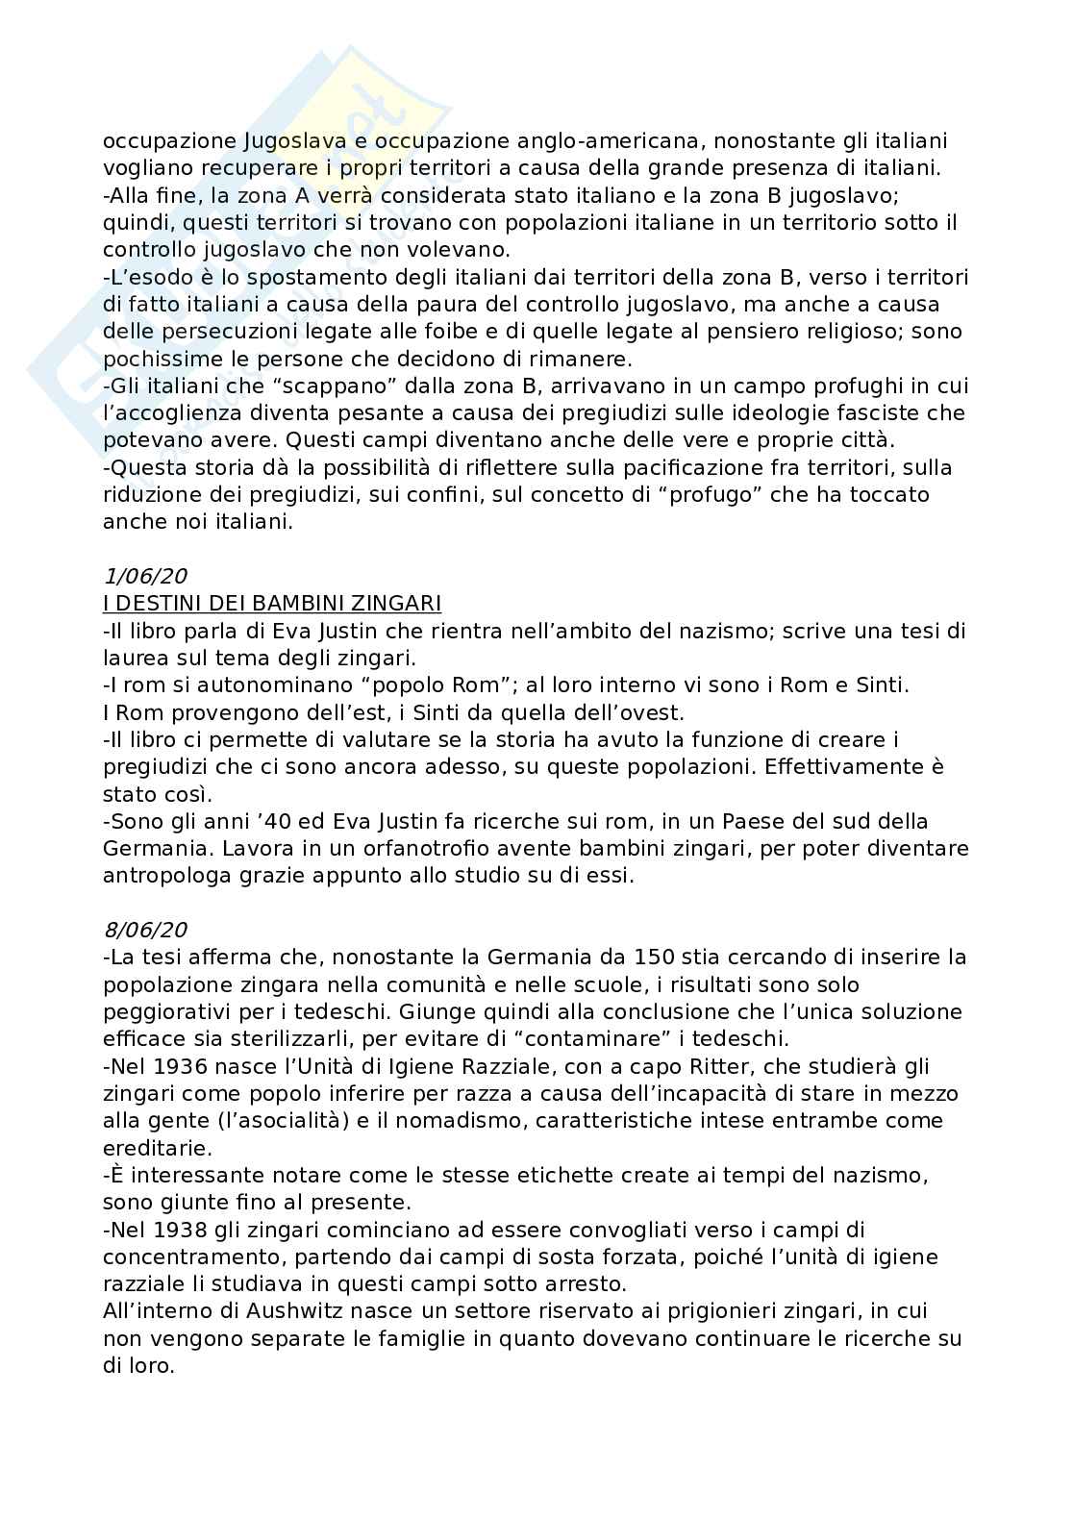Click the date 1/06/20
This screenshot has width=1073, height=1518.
click(144, 577)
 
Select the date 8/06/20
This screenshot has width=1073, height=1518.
click(144, 930)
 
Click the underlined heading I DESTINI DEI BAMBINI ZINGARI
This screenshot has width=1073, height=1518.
click(272, 604)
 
